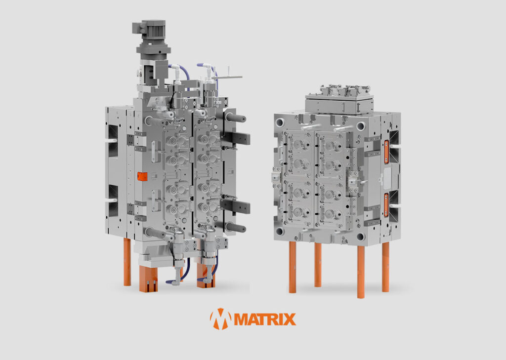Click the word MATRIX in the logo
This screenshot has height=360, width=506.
[x=265, y=319]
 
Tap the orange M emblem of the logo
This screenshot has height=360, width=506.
[x=221, y=319]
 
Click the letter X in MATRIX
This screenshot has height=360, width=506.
[x=289, y=319]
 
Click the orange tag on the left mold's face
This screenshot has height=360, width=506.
[x=142, y=176]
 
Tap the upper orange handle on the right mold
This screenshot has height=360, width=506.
[x=386, y=152]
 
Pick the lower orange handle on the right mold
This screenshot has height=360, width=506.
[x=386, y=205]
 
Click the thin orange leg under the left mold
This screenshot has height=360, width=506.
[x=127, y=262]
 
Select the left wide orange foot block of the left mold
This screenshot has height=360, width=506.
[x=148, y=279]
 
